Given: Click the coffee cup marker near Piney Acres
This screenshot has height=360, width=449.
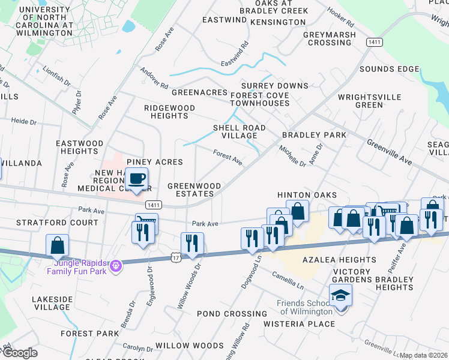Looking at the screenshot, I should (136, 179).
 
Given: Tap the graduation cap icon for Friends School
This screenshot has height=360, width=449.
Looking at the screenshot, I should (340, 296).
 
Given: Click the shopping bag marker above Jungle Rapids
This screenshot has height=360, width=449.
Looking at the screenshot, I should (58, 245).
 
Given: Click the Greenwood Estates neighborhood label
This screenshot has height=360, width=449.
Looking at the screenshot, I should (191, 190).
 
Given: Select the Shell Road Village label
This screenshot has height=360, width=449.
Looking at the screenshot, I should (236, 131).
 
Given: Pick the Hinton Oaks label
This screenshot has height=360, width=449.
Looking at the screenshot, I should (307, 196).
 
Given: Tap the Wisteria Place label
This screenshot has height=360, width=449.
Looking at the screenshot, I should (300, 324).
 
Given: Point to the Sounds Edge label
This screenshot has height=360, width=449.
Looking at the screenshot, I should (389, 69).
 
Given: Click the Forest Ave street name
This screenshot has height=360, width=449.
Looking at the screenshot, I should (228, 158).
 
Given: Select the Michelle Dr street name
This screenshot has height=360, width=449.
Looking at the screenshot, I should (292, 155).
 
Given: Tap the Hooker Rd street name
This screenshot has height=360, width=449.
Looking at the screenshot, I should (340, 20).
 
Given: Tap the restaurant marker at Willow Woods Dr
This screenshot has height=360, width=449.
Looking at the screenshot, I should (192, 244).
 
